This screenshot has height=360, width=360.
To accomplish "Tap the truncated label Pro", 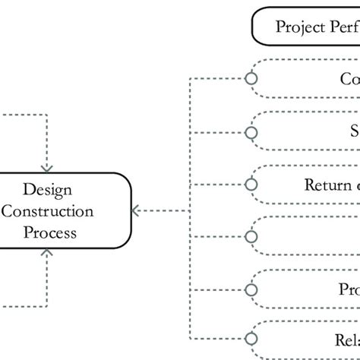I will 348,289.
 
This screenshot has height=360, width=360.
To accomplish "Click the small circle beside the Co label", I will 251,79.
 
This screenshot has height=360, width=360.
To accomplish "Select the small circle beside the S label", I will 251,131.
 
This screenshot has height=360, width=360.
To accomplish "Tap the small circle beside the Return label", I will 251,184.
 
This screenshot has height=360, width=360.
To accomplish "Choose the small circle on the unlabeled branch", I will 251,236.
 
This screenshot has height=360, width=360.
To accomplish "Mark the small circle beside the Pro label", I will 251,289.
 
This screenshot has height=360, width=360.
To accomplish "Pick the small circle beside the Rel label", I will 251,340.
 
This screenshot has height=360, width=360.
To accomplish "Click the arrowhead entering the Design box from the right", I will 134,210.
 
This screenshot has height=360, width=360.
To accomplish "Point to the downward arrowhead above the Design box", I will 47,166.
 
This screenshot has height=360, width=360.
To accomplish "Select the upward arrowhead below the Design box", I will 47,254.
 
